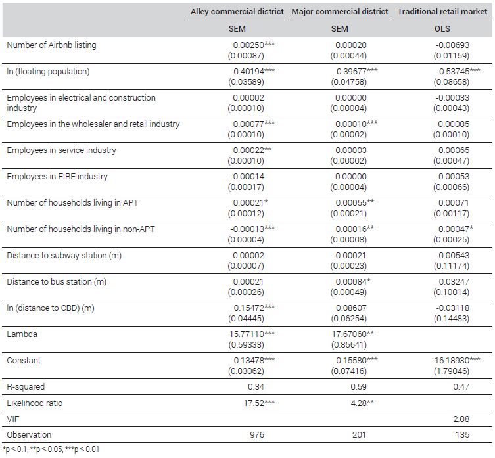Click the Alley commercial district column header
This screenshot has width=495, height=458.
click(x=237, y=12)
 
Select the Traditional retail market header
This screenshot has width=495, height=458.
click(x=442, y=12)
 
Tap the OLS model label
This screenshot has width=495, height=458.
click(x=442, y=29)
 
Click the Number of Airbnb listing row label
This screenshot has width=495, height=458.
click(x=51, y=45)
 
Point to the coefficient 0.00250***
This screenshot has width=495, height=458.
click(x=254, y=45)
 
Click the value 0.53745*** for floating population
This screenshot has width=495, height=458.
click(x=460, y=72)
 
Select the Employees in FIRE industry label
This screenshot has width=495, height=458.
click(x=57, y=177)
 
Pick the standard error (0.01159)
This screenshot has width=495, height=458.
click(x=452, y=56)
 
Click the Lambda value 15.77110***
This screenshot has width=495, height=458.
click(x=252, y=334)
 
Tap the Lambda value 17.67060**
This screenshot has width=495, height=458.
click(x=352, y=334)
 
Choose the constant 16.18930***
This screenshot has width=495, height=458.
click(x=457, y=361)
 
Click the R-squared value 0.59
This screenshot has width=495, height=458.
click(x=359, y=387)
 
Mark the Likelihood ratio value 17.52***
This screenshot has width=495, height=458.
click(x=259, y=403)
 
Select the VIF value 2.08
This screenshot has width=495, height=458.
click(x=461, y=419)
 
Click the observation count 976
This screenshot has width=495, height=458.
click(x=257, y=435)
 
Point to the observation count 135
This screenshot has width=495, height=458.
click(x=463, y=435)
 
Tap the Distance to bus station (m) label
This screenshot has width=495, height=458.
click(x=57, y=281)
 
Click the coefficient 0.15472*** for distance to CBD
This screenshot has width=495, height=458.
click(x=254, y=308)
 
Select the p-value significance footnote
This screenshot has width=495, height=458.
click(x=51, y=449)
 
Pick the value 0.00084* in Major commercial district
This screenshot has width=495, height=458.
click(x=353, y=281)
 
